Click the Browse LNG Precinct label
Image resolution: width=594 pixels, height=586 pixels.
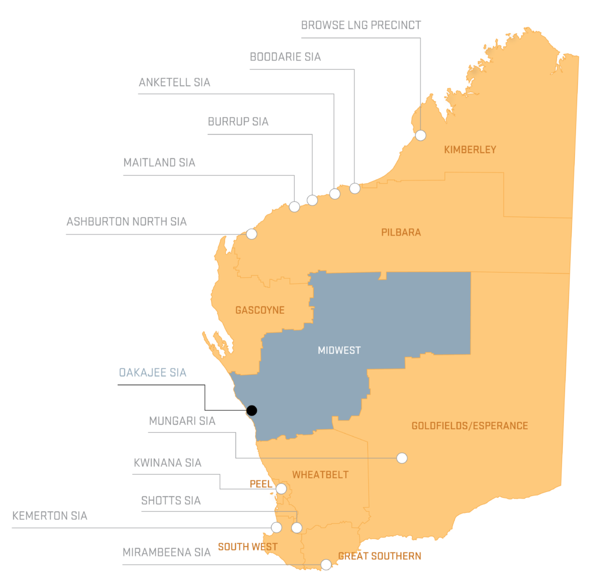tap(361, 26)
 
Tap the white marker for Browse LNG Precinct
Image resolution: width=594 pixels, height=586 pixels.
tap(421, 135)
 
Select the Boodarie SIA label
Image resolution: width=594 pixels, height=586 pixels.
tap(285, 57)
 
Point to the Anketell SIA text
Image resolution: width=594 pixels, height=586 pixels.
tap(174, 82)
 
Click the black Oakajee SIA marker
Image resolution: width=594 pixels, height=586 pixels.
tap(252, 410)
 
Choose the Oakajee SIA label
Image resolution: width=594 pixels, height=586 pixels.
tap(153, 372)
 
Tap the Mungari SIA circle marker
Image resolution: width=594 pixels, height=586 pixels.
tap(401, 458)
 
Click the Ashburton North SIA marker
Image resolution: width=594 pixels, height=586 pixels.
tap(251, 234)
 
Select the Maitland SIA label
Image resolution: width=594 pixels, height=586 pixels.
tap(159, 162)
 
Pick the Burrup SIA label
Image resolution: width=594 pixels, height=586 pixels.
tap(238, 122)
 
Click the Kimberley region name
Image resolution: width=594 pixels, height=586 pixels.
tap(470, 150)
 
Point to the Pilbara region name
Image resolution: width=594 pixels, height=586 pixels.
tap(401, 233)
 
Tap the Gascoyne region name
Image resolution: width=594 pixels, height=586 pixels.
tap(260, 310)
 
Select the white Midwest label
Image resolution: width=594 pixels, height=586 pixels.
tap(339, 350)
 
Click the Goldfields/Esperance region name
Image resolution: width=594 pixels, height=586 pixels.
tap(469, 426)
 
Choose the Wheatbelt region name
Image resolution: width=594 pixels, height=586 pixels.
tap(320, 475)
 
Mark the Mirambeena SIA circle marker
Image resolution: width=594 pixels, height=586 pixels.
tap(326, 565)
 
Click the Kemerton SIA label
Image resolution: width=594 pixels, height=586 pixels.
tap(50, 516)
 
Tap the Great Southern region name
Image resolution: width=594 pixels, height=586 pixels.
tap(379, 556)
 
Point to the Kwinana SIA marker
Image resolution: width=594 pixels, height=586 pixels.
tap(281, 489)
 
